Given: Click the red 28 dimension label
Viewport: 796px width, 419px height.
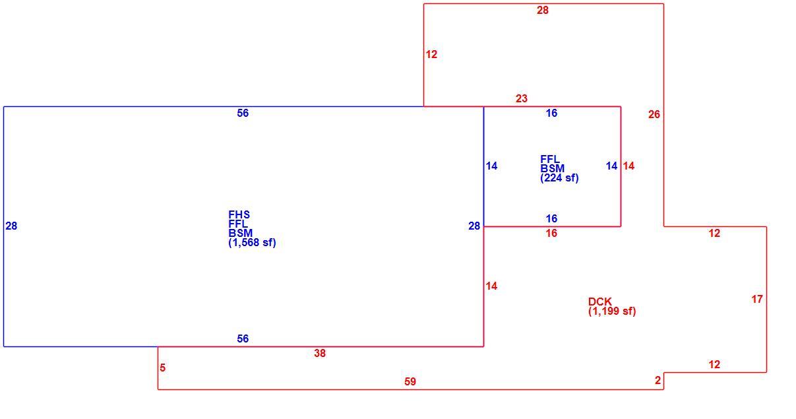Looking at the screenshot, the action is tap(543, 11).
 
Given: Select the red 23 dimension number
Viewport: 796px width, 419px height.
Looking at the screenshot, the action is tap(521, 98).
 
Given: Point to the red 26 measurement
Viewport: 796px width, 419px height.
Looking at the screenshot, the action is tap(654, 115).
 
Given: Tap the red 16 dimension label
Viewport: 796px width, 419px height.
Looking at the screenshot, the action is tap(551, 234).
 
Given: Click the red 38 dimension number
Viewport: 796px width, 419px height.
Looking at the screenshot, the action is tap(320, 353).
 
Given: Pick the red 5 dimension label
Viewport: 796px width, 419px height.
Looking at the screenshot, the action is tap(162, 368).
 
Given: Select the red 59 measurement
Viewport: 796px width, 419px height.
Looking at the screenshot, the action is tap(410, 381).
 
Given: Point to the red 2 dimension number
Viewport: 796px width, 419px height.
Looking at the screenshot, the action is tap(658, 381).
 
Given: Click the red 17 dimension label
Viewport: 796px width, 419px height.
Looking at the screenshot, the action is tap(757, 300).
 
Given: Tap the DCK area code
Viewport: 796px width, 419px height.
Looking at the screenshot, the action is tap(600, 302).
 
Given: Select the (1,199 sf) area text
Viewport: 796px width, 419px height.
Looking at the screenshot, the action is tap(612, 311).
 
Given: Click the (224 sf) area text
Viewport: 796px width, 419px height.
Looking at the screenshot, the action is tap(559, 178).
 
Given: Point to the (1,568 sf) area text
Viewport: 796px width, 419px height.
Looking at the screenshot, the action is tap(252, 243).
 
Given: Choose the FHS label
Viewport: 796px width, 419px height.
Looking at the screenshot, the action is tap(239, 215).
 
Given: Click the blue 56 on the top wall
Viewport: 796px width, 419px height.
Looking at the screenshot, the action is tap(243, 113).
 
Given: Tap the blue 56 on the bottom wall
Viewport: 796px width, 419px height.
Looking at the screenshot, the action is tap(243, 338).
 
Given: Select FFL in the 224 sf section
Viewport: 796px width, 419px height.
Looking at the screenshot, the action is tap(550, 159).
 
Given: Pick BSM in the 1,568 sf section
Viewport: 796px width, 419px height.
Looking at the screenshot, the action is tap(241, 234).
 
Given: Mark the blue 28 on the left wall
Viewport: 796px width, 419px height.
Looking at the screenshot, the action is tap(11, 226).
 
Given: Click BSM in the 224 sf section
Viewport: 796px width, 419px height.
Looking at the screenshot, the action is tap(552, 168).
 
